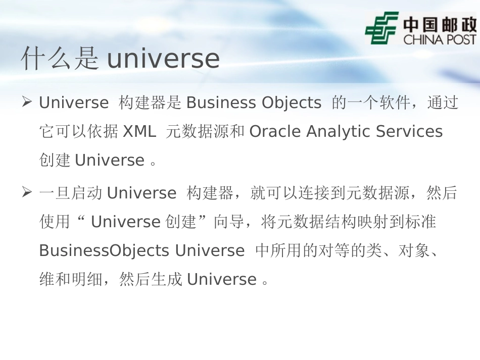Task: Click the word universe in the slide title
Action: coord(163,60)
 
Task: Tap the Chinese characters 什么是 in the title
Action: coord(60,59)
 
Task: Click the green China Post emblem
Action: coord(381,28)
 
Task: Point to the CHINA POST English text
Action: coord(440,39)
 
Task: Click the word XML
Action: coord(140,132)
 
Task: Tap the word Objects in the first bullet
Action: coord(292,103)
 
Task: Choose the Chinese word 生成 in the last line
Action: coord(166,280)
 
